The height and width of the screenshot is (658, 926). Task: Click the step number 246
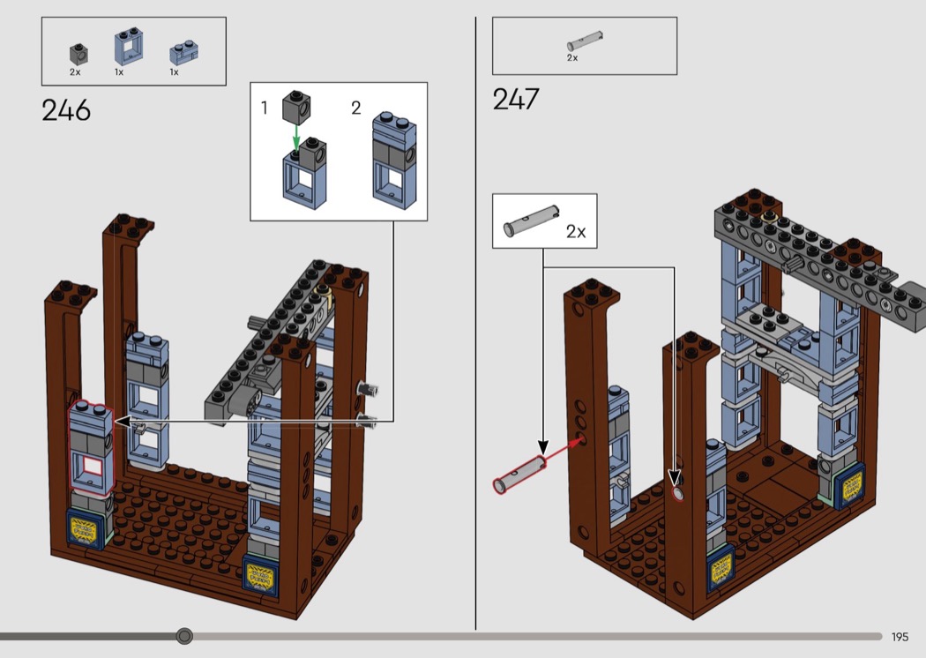66,111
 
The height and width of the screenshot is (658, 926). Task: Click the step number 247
516,99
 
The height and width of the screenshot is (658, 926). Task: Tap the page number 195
900,637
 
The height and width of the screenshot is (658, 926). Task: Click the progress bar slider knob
184,636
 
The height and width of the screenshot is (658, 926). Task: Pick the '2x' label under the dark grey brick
75,72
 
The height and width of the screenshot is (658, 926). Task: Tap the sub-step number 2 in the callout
355,108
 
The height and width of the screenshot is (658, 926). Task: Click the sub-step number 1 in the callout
264,108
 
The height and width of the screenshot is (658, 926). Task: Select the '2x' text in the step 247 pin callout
576,232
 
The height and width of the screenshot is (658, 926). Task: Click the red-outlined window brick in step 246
92,448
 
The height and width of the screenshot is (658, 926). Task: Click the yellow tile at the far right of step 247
851,486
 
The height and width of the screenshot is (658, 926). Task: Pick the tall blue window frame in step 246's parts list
128,47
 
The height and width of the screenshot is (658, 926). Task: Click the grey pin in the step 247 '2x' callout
533,220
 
